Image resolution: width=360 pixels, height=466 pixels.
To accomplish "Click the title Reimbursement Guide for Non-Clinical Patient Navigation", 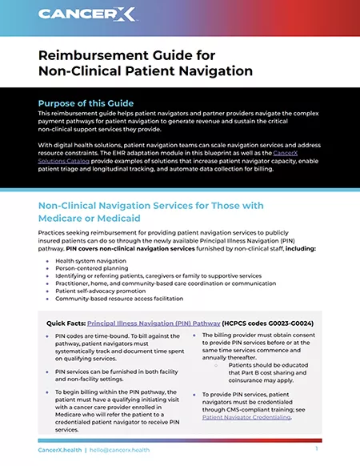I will (x=146, y=62).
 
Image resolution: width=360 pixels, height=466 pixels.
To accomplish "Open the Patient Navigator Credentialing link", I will (x=246, y=417).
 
